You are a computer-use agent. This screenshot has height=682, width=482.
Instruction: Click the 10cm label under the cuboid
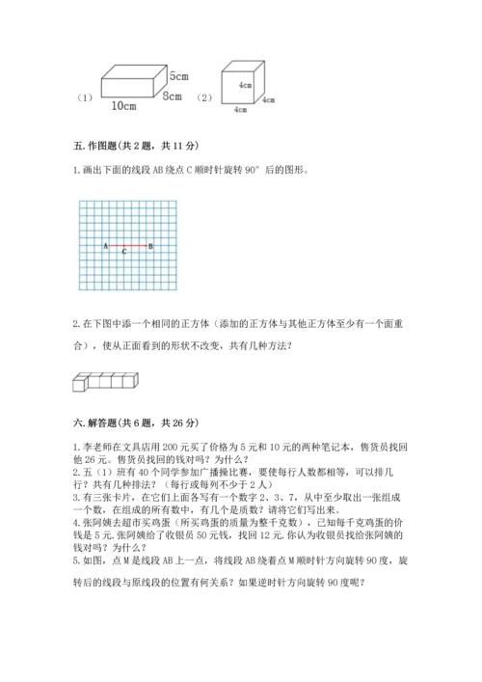[x=122, y=105]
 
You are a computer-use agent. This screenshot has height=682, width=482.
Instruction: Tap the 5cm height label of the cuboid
[x=177, y=75]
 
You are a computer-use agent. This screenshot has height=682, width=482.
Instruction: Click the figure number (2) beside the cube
[x=203, y=97]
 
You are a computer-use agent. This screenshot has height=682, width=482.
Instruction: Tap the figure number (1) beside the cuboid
[x=84, y=97]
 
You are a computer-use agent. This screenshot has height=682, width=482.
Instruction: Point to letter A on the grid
[x=104, y=246]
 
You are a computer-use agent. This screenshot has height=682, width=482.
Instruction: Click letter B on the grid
[x=150, y=246]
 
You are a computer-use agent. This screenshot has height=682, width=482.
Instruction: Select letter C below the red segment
[x=124, y=252]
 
